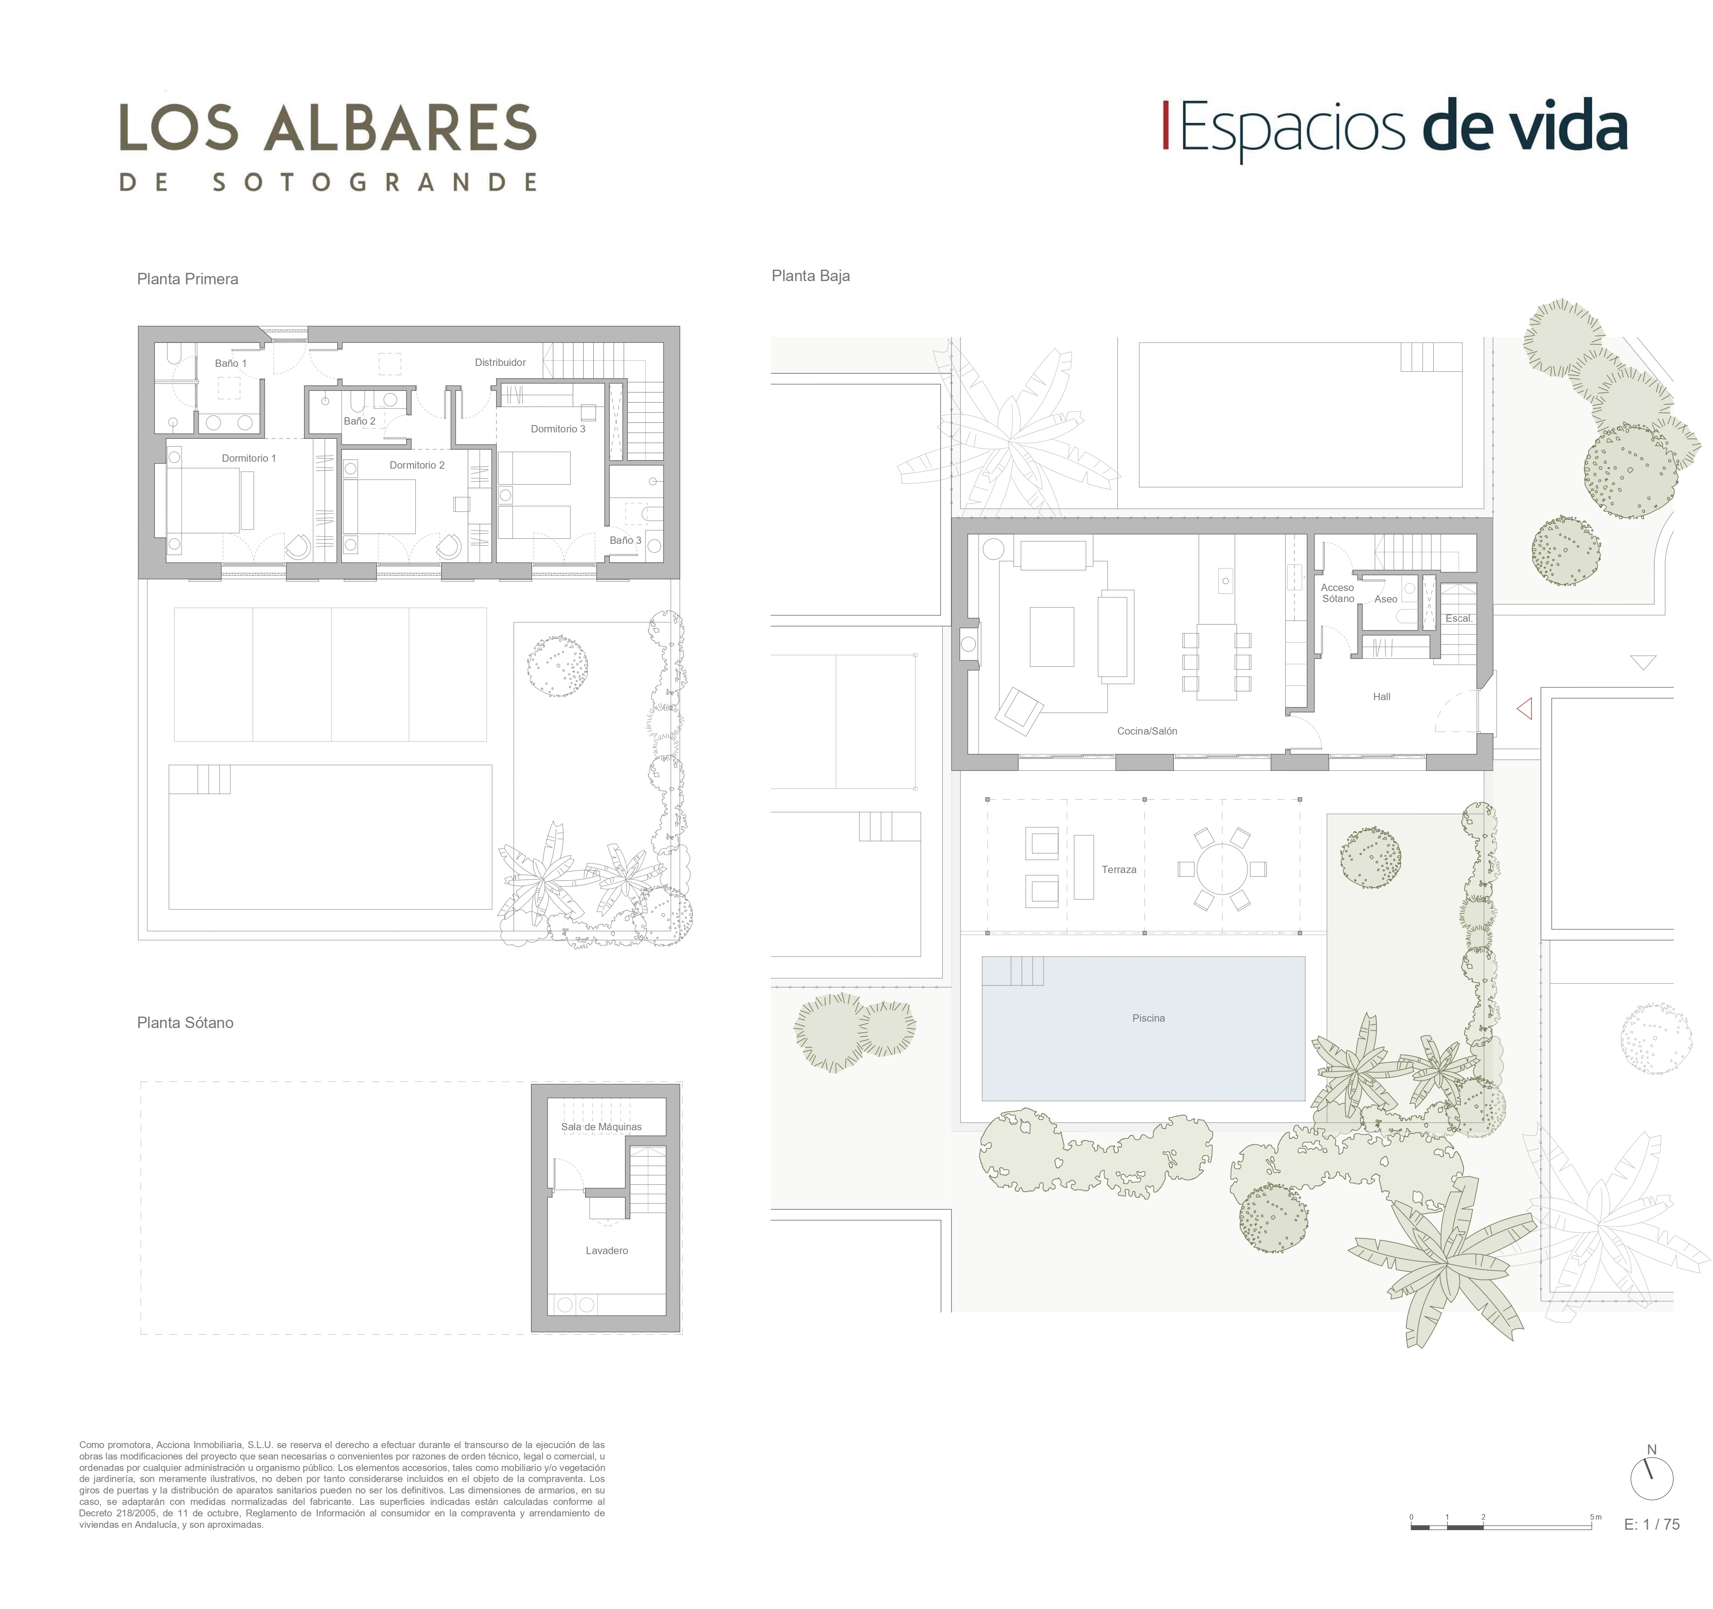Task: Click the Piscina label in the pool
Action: point(1148,1018)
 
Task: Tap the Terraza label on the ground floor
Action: point(1118,869)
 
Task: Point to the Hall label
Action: point(1381,697)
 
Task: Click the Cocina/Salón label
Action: point(1147,731)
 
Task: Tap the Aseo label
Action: point(1386,599)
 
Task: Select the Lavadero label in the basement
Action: point(607,1250)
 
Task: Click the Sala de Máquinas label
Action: point(601,1126)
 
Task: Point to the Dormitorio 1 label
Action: point(249,458)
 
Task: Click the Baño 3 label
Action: point(625,540)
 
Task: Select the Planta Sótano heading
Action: point(185,1023)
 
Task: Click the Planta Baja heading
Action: point(811,276)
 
